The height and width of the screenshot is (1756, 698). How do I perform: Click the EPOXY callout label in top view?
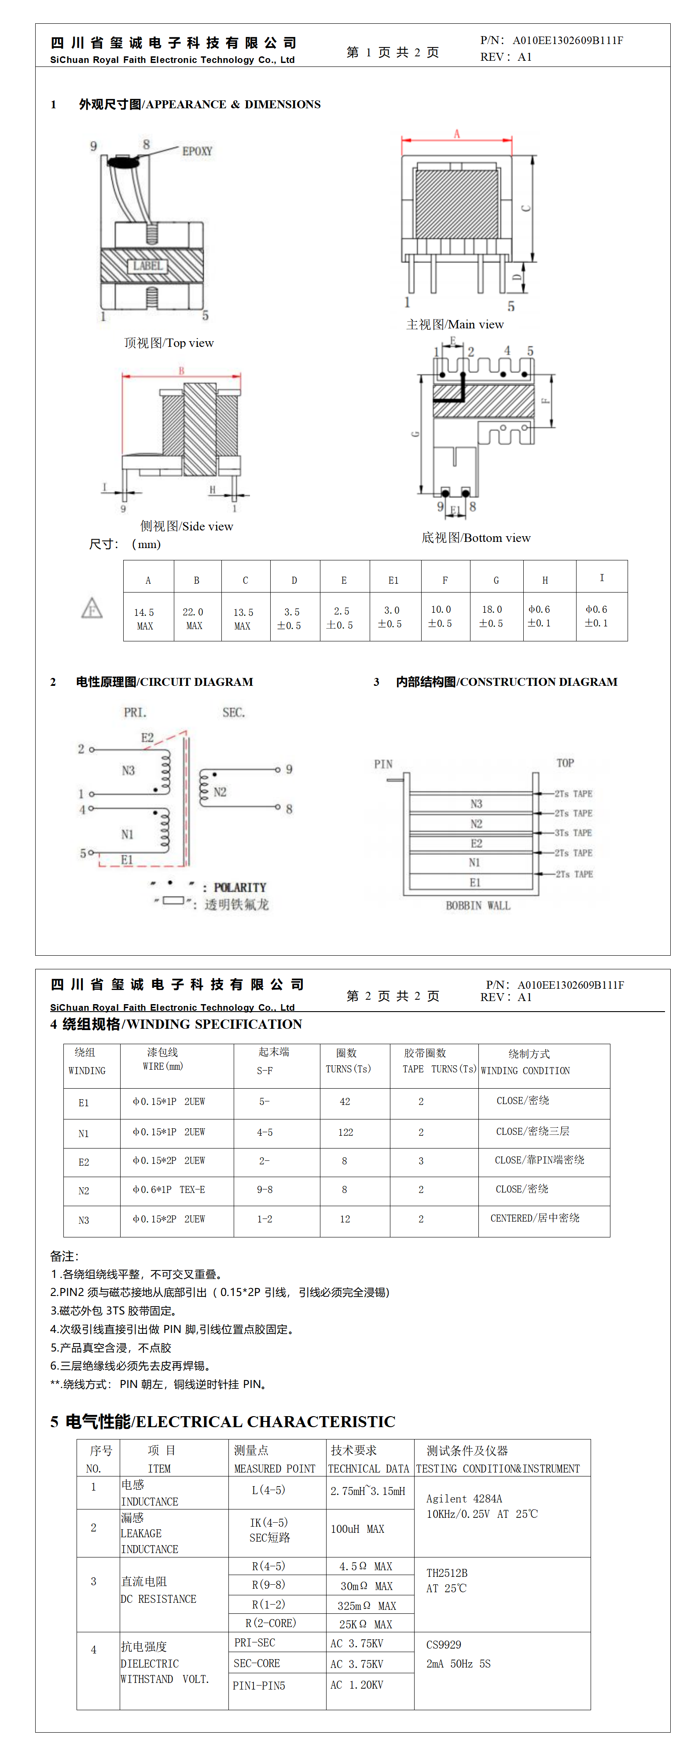[x=197, y=151]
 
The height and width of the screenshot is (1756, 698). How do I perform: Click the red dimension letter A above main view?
[x=457, y=134]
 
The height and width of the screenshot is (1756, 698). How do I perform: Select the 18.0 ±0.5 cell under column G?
[x=492, y=616]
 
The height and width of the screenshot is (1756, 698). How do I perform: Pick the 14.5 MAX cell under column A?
[x=144, y=619]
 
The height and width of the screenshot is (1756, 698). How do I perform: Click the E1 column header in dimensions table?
[x=393, y=580]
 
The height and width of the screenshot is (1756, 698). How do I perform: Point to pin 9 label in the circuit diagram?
[x=289, y=769]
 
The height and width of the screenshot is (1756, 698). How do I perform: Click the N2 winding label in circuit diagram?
[x=220, y=792]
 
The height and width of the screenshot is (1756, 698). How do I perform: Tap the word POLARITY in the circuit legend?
[x=240, y=887]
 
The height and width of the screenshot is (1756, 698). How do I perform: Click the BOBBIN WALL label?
[x=478, y=905]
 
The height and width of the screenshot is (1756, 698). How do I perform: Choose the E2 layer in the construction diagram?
[x=476, y=843]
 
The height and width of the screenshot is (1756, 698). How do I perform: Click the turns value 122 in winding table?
[x=345, y=1132]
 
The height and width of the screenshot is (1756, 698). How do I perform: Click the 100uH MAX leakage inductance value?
[x=357, y=1529]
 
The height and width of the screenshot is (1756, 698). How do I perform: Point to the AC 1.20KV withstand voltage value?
[x=356, y=1684]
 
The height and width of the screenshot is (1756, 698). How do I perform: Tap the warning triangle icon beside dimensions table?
[x=92, y=607]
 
